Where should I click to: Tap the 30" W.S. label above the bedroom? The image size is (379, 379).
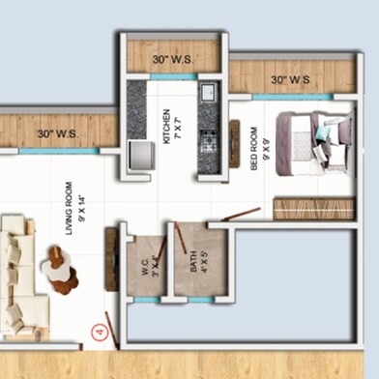coord(290,79)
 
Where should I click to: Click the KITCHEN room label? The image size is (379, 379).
coord(166,127)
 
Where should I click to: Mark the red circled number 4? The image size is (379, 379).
coord(97,332)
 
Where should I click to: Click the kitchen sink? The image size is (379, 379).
coord(207,93)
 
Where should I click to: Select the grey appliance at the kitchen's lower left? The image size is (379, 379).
coord(139,157)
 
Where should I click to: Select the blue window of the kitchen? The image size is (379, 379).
coord(174,76)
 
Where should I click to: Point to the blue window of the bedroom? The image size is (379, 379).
coord(291,97)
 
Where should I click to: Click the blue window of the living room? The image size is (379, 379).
coord(58,151)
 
